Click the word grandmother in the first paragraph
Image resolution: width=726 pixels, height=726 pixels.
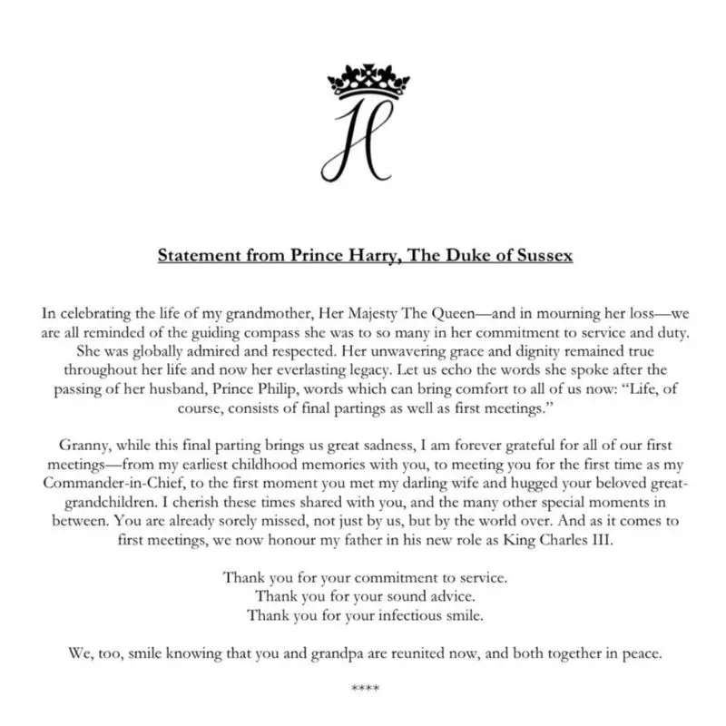pos(267,313)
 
